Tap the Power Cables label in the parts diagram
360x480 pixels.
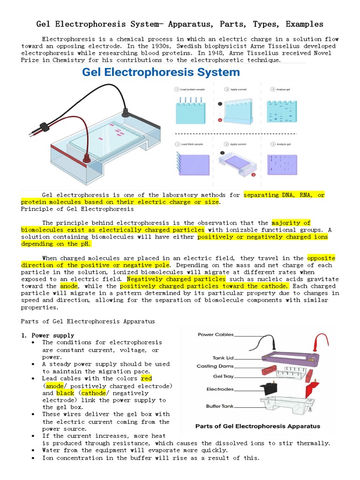[216, 335]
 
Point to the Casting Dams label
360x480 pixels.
[215, 366]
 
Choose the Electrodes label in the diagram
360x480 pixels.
[220, 389]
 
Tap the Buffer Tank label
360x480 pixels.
[219, 406]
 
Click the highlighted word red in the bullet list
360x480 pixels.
[146, 378]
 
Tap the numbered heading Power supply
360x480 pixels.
[52, 335]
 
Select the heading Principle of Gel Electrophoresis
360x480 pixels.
[77, 209]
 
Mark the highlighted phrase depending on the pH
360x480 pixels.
[56, 244]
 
